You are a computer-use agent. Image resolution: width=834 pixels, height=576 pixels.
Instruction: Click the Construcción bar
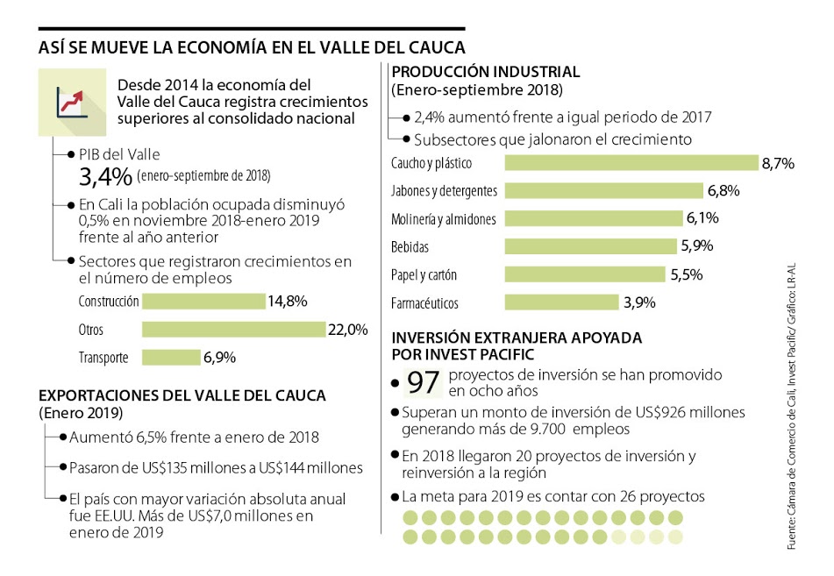click(x=203, y=302)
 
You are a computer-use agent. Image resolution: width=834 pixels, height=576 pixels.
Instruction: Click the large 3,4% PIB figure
click(x=104, y=177)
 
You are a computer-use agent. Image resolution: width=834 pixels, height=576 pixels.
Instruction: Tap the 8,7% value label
click(x=778, y=163)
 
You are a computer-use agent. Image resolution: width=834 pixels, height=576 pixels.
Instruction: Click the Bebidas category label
click(x=410, y=247)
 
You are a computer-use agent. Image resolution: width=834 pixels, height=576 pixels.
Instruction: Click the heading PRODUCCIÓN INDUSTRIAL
click(x=485, y=72)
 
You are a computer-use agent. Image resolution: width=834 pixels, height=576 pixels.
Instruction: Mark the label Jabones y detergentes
click(x=444, y=191)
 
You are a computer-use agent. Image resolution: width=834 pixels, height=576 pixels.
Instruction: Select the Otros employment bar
click(x=233, y=330)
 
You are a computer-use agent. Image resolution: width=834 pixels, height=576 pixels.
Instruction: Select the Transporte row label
click(x=103, y=358)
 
